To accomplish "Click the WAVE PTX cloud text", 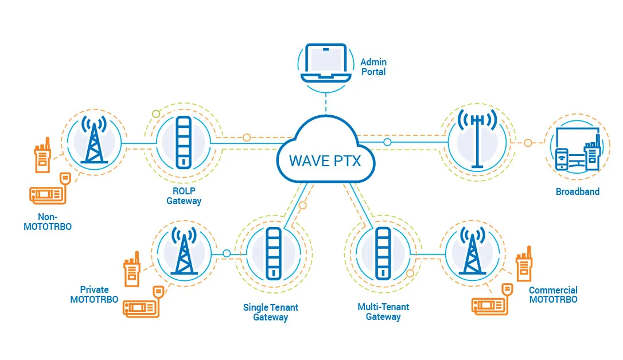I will click(x=325, y=160).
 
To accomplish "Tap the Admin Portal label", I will click(x=373, y=67).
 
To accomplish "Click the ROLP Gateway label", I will click(x=184, y=196).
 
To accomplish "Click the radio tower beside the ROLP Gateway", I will click(x=94, y=140).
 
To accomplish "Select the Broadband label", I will click(x=577, y=192).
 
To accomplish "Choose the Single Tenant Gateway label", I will click(x=270, y=312).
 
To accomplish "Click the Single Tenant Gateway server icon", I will click(x=273, y=253).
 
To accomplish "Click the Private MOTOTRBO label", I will click(x=94, y=295).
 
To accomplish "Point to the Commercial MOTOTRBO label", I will click(x=553, y=295).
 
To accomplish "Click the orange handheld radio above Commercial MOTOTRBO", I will click(x=524, y=265).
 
